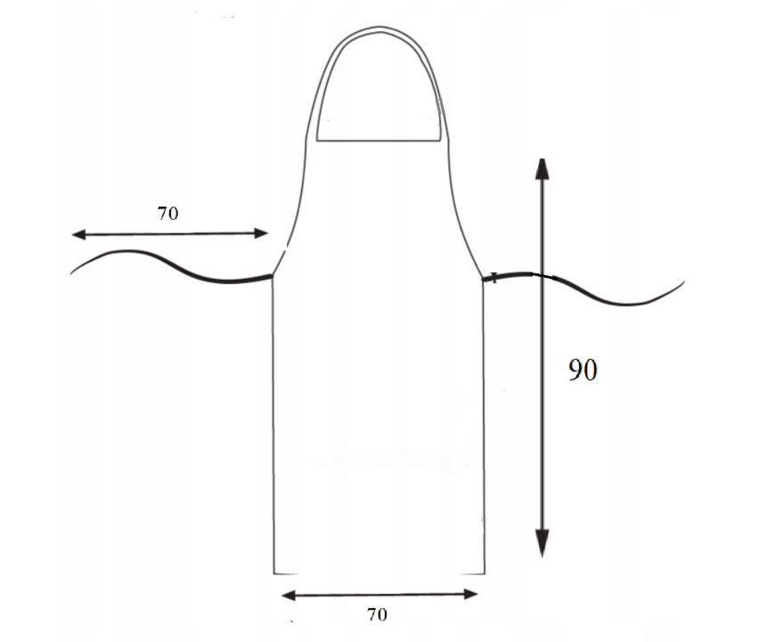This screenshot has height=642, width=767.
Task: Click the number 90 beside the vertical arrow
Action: pos(583,370)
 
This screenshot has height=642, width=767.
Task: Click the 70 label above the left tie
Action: pos(167,213)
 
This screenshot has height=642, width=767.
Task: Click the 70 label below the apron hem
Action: pos(377,614)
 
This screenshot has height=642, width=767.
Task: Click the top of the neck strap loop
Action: pos(380,28)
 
